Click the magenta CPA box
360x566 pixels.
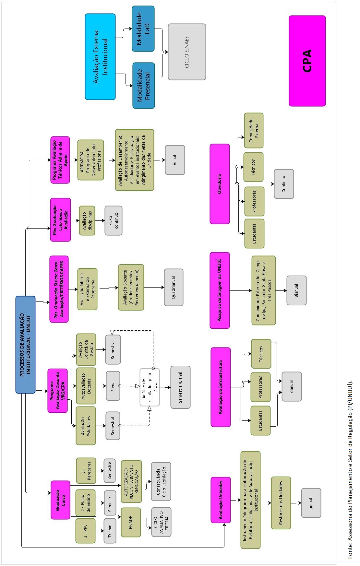[x=307, y=61]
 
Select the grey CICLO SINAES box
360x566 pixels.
[x=187, y=52]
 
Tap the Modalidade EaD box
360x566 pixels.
[x=143, y=29]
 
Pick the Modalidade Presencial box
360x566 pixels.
[x=143, y=86]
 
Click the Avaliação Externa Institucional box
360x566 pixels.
[x=100, y=57]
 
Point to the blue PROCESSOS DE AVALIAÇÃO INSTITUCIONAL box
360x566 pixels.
[x=25, y=345]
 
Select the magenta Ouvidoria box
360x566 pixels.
[x=220, y=184]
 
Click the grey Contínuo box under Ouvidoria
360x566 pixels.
[x=284, y=184]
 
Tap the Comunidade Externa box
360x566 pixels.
[x=254, y=130]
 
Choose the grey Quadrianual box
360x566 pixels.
[x=174, y=287]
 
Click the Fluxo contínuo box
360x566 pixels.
[x=113, y=220]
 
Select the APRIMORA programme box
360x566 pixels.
[x=90, y=160]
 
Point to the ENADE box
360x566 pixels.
[x=131, y=522]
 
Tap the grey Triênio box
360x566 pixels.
[x=110, y=531]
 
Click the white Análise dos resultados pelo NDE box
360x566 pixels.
[x=150, y=387]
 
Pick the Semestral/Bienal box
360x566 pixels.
[x=180, y=387]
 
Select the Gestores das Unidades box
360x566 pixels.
[x=281, y=503]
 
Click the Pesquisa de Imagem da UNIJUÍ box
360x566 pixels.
[x=220, y=290]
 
